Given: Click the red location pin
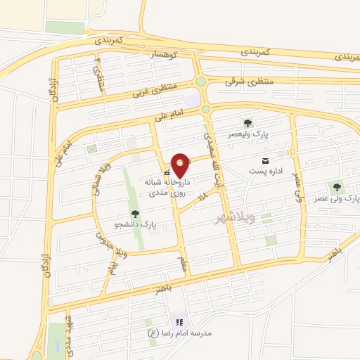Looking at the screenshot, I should click(x=181, y=164).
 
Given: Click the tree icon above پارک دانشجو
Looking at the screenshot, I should click(x=134, y=213).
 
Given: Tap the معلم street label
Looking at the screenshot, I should click(x=184, y=264).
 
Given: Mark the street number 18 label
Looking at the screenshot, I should click(x=204, y=199).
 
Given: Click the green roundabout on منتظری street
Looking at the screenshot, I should click(x=202, y=82).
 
